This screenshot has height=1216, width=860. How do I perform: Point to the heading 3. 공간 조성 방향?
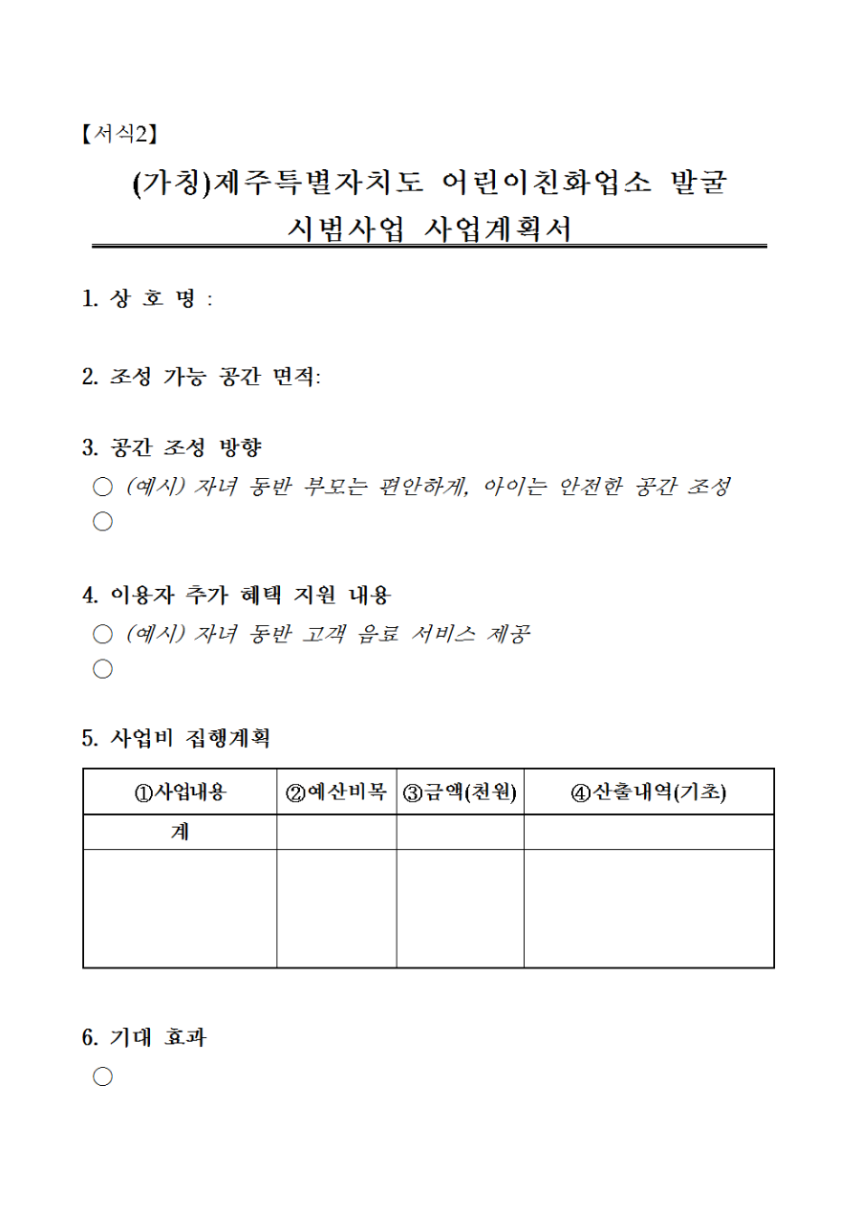click(172, 446)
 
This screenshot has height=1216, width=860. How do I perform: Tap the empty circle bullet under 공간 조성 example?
click(102, 522)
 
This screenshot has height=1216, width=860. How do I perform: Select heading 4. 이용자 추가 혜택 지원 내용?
click(236, 595)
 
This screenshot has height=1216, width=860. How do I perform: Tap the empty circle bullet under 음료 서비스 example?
click(102, 669)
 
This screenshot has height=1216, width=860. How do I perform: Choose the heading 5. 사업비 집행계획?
click(177, 739)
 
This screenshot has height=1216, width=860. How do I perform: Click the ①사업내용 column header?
click(180, 793)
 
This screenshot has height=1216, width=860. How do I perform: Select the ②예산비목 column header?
click(336, 793)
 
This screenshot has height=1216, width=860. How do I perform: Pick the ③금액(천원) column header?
click(460, 793)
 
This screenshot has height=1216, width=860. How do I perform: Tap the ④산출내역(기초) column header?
click(648, 793)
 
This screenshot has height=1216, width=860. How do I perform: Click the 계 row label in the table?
click(180, 833)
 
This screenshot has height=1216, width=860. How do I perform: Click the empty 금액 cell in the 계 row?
click(460, 833)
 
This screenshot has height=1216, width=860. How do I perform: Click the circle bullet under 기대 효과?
click(102, 1077)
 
